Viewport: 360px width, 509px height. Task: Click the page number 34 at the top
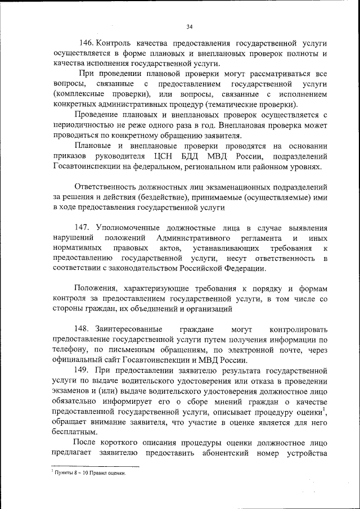click(x=190, y=26)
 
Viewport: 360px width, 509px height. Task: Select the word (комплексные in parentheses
click(x=82, y=94)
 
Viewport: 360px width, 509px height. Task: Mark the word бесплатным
click(x=74, y=433)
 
